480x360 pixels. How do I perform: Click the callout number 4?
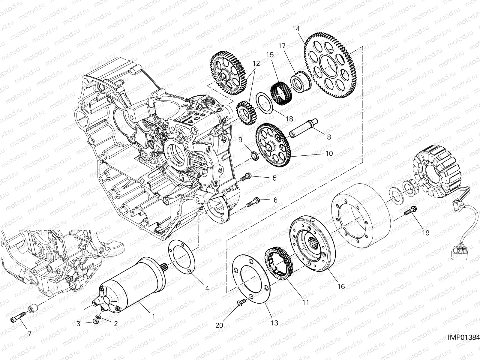coord(207,288)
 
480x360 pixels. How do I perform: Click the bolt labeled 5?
coord(246,178)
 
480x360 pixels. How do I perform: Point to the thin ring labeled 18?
coord(264,102)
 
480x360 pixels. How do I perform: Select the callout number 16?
coord(341,286)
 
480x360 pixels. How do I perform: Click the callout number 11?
coord(305,303)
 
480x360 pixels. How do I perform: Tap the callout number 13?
coord(274,323)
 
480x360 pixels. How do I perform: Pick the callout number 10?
coord(329,153)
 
